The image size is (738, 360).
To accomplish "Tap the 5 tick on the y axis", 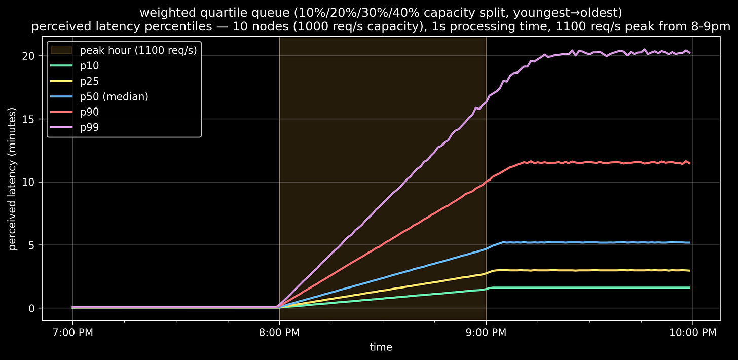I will [x=32, y=245].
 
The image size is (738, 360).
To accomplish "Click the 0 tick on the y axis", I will [x=32, y=308].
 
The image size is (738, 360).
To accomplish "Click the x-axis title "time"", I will [x=381, y=347].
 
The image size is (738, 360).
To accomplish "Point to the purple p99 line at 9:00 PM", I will [x=486, y=102].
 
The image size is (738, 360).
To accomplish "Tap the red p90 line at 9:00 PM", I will [x=486, y=182].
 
